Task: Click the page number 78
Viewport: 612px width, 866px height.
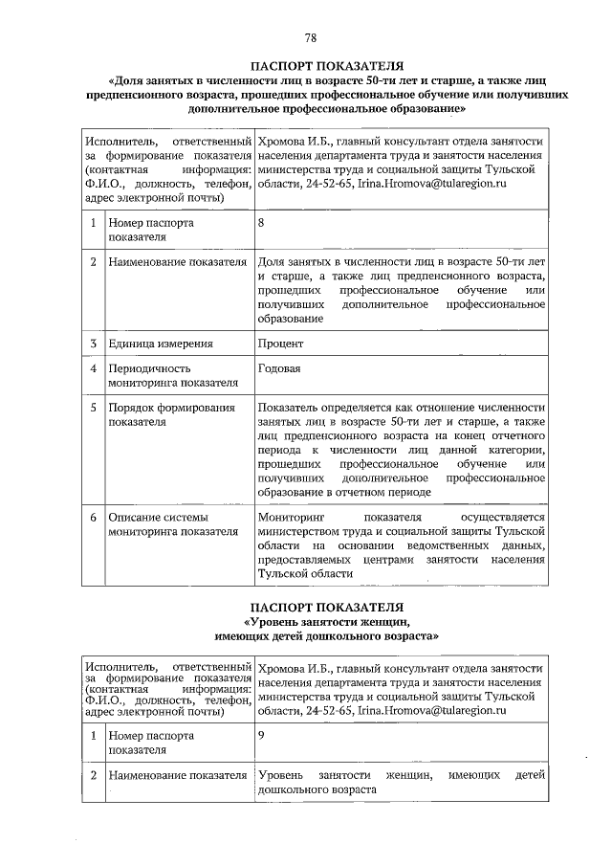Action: tap(310, 38)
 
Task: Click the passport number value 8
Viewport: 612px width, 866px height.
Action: tap(261, 223)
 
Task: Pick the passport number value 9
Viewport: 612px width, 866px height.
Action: tap(261, 736)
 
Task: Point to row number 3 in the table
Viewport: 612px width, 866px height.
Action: tap(94, 343)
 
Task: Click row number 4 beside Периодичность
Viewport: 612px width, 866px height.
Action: tap(94, 368)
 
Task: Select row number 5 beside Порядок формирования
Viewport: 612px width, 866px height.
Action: tap(94, 408)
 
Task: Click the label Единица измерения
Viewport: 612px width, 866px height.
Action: tap(160, 343)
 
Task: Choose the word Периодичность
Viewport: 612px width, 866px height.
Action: tap(149, 368)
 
